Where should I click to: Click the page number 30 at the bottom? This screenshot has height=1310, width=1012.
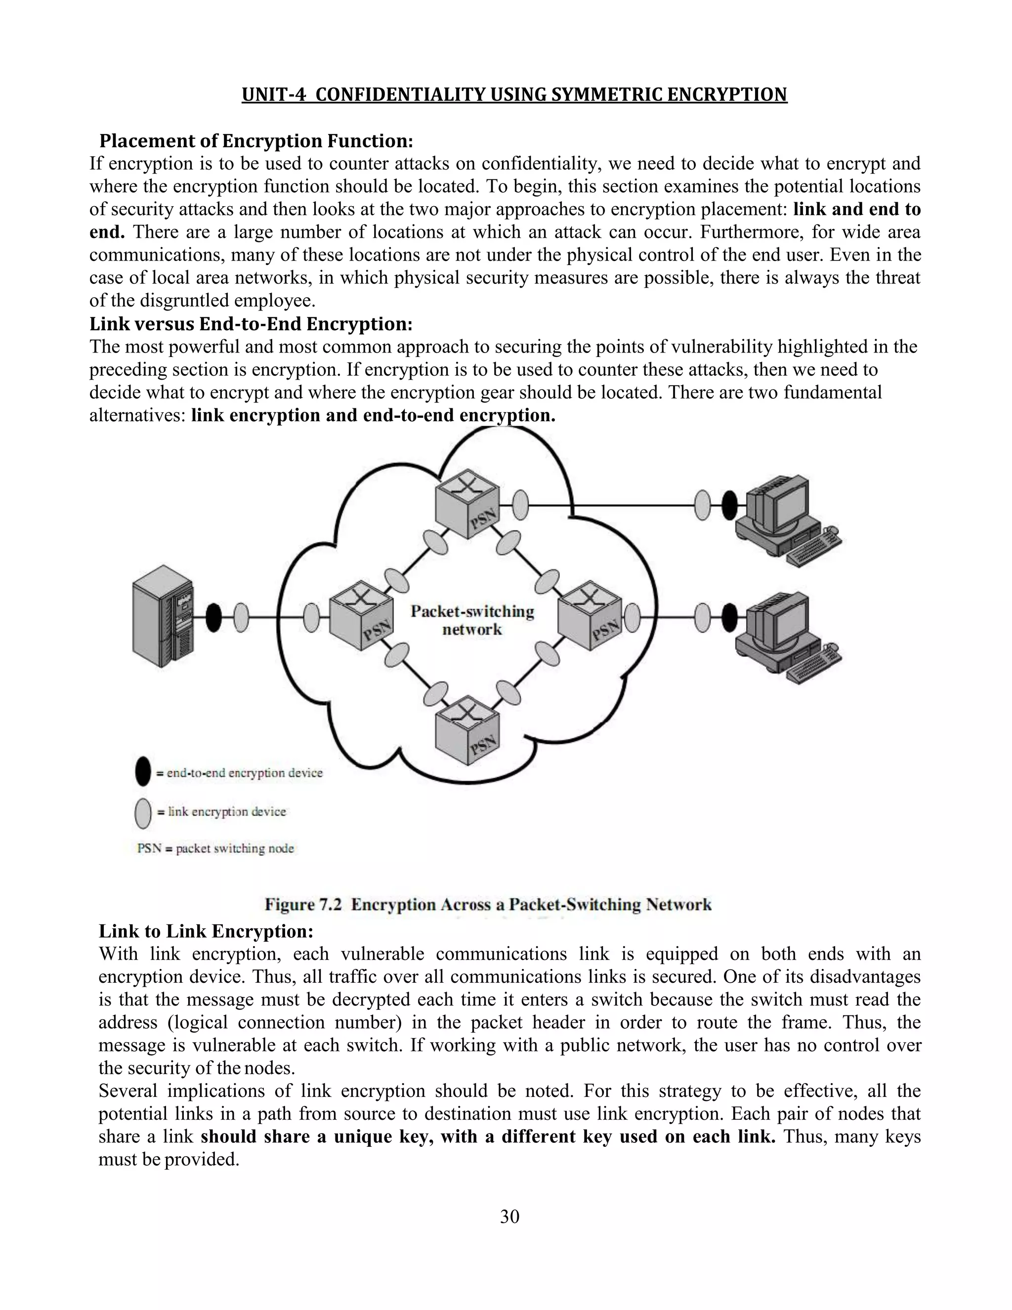(x=509, y=1217)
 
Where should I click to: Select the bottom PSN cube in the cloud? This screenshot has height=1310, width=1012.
(x=467, y=730)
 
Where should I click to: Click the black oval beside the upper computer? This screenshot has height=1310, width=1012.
(x=729, y=505)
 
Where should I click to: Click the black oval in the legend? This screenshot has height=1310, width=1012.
(x=143, y=772)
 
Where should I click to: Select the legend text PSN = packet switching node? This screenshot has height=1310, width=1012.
(x=215, y=848)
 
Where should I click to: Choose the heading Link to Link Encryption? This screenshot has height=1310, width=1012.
(x=206, y=931)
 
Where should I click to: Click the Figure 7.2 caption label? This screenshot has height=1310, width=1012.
(x=303, y=905)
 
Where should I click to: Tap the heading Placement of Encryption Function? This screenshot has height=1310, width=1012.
(x=256, y=141)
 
